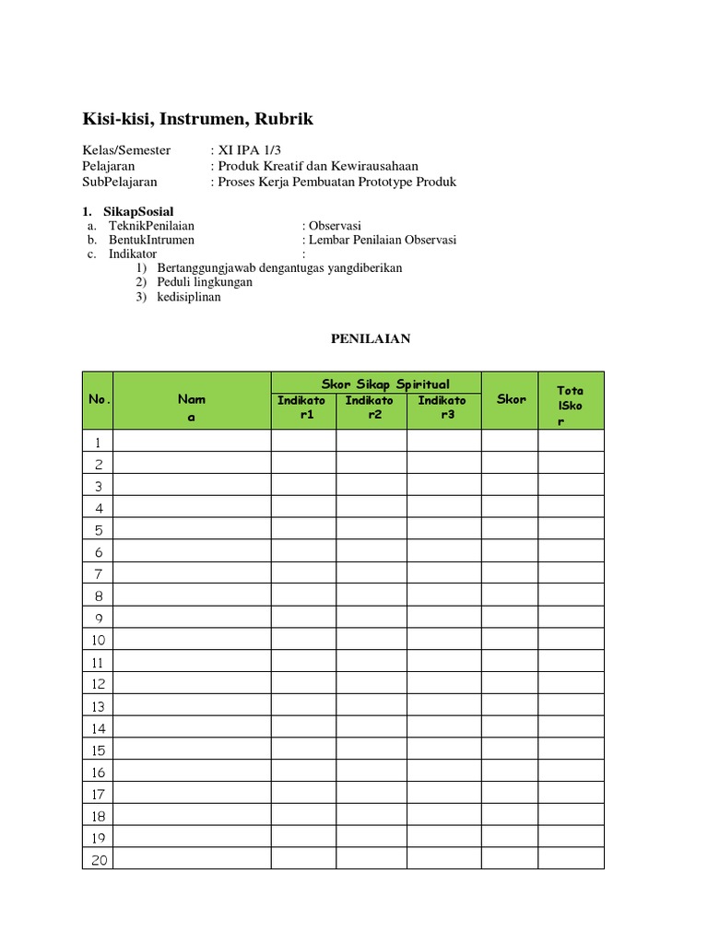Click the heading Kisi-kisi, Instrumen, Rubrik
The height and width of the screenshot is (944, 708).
(197, 119)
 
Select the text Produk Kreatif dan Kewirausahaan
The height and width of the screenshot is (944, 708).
(317, 166)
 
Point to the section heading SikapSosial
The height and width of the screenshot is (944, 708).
(138, 212)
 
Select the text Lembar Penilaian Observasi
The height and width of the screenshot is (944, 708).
(383, 240)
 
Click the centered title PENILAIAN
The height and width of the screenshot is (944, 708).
(371, 339)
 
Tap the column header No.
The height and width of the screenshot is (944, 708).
(99, 400)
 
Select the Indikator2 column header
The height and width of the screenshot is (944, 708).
(370, 407)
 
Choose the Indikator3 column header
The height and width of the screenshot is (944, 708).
(442, 407)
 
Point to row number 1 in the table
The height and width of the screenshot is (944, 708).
(98, 442)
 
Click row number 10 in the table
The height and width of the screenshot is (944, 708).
(98, 640)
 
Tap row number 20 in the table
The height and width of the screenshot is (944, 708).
(98, 859)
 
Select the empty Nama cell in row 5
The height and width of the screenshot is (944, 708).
(192, 530)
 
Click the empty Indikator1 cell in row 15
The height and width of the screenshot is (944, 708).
(303, 749)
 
